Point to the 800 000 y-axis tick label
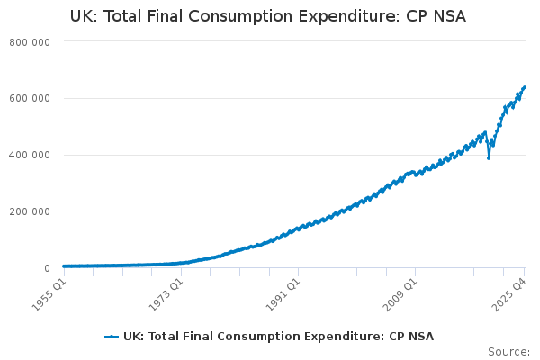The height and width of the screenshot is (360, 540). (31, 42)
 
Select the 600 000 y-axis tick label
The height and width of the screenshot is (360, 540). (31, 98)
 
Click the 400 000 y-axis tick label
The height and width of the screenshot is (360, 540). (31, 155)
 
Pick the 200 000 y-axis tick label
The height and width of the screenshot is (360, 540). (31, 211)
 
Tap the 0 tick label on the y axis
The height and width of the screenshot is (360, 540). (45, 268)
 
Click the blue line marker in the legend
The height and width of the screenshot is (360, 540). (112, 337)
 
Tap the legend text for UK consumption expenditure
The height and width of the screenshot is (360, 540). (278, 337)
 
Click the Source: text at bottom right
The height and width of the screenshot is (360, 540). (508, 352)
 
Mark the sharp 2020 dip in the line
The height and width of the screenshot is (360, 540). (489, 157)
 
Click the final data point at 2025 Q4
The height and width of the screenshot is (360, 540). (525, 87)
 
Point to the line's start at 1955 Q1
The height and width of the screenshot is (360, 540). (63, 266)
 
